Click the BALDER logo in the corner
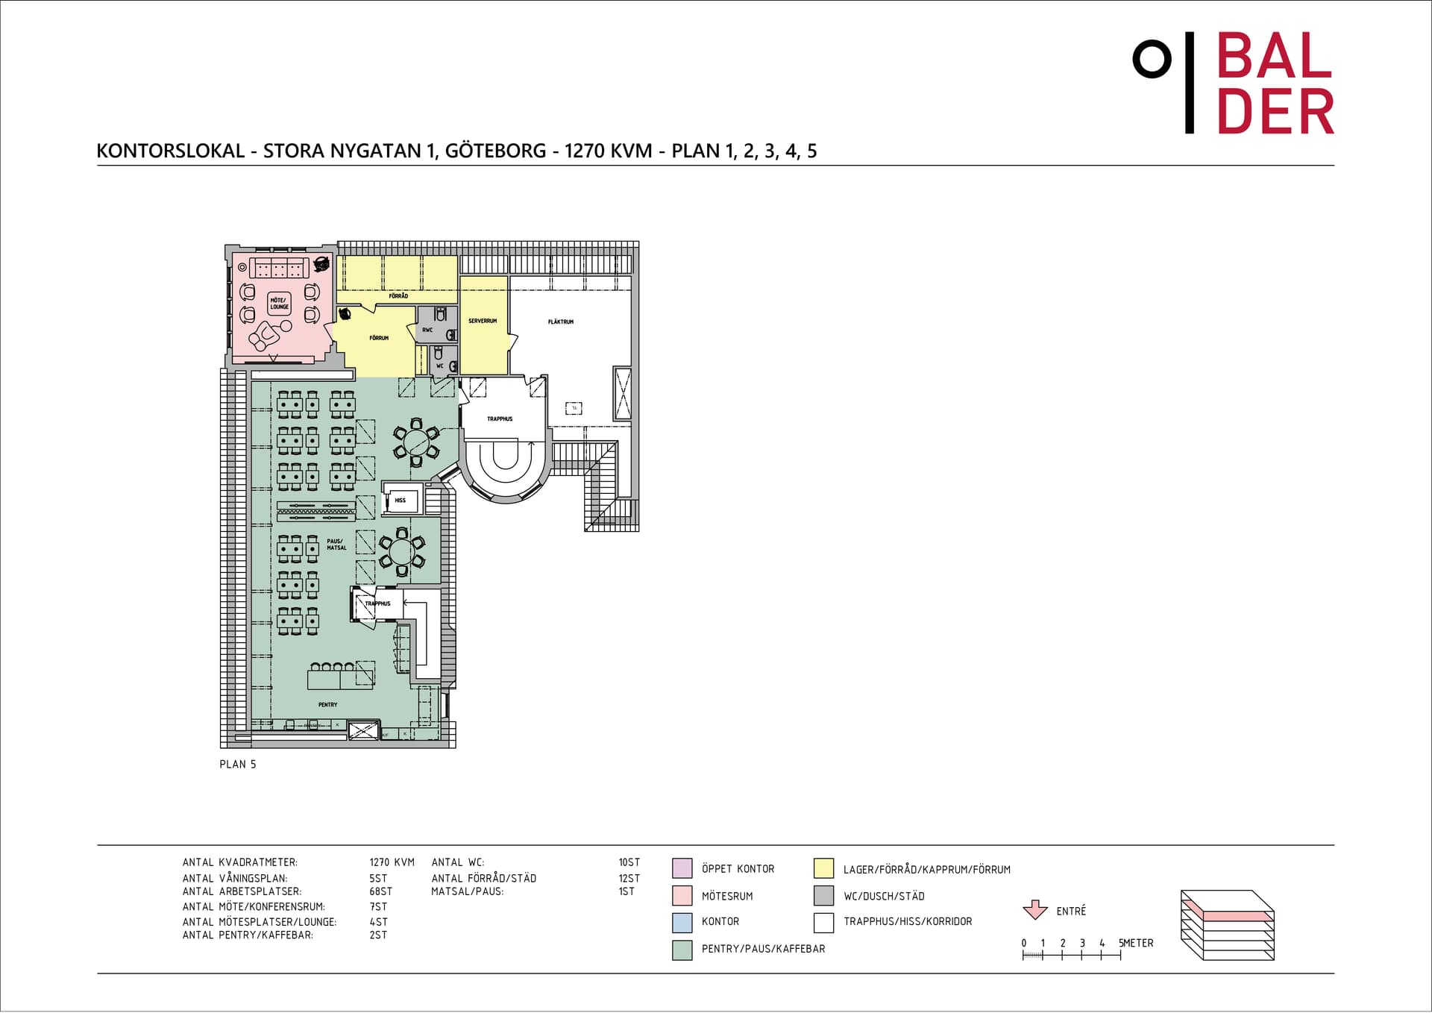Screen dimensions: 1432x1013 pyautogui.click(x=1233, y=84)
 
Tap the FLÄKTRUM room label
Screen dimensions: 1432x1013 pyautogui.click(x=561, y=322)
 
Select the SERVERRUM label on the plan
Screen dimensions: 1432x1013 pyautogui.click(x=483, y=321)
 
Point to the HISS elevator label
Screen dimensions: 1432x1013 pyautogui.click(x=401, y=501)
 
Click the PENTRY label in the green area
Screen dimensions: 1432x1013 pyautogui.click(x=327, y=704)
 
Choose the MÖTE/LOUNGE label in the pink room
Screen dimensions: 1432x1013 pyautogui.click(x=280, y=304)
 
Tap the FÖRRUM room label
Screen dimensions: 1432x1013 pyautogui.click(x=379, y=338)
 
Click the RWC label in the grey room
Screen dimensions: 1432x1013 pyautogui.click(x=427, y=330)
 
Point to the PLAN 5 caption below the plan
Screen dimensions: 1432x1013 pyautogui.click(x=238, y=765)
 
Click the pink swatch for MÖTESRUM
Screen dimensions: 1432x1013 pyautogui.click(x=682, y=895)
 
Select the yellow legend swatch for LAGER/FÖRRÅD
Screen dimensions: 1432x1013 pyautogui.click(x=823, y=868)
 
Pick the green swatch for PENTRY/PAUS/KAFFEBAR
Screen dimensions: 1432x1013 pyautogui.click(x=682, y=949)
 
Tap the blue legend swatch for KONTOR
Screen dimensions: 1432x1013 pyautogui.click(x=682, y=922)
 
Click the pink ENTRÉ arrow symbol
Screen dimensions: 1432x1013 pyautogui.click(x=1035, y=910)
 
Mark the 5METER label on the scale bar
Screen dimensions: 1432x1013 pyautogui.click(x=1136, y=943)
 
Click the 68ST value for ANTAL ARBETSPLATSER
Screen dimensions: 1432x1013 pyautogui.click(x=380, y=891)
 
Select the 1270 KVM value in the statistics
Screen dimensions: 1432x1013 pyautogui.click(x=392, y=862)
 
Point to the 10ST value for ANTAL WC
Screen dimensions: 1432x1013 pyautogui.click(x=629, y=862)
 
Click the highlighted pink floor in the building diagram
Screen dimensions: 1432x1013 pyautogui.click(x=1228, y=914)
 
